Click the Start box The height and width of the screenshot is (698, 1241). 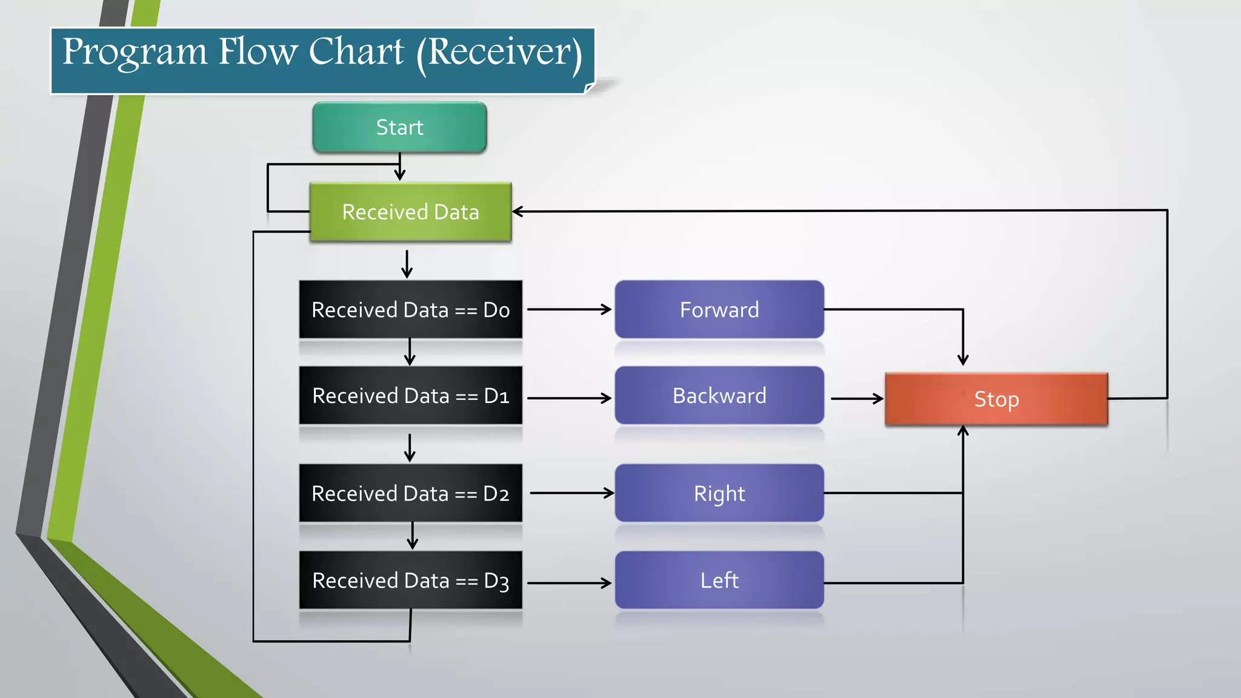coord(399,127)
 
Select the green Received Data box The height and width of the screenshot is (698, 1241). coord(410,212)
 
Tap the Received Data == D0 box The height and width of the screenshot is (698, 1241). coord(410,310)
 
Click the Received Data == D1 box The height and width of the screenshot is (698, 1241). coord(410,396)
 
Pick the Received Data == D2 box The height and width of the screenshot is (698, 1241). coord(410,493)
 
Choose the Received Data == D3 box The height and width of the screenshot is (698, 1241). coord(410,580)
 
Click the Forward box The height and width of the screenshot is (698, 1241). coord(719,310)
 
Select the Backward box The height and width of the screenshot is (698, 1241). coord(719,396)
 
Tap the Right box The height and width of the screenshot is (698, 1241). coord(719,493)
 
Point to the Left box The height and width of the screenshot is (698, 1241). coord(719,580)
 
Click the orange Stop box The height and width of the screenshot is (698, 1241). coord(996,399)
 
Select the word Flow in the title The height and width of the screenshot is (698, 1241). coord(258,52)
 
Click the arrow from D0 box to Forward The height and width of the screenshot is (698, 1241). coord(569,310)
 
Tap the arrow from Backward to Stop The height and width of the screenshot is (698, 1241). coord(857,399)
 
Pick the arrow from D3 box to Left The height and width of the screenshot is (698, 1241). coord(569,583)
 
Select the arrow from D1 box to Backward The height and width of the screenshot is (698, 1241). coord(569,398)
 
